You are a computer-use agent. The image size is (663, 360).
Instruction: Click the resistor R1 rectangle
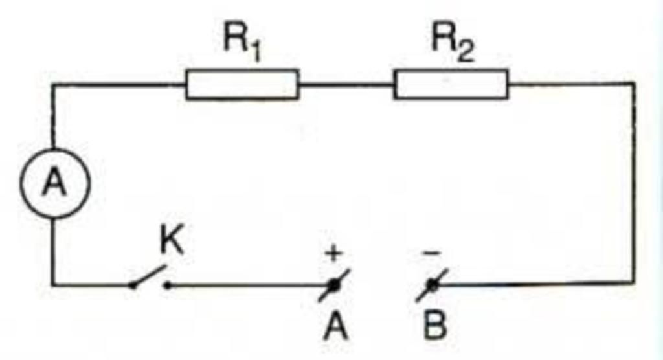point(242,85)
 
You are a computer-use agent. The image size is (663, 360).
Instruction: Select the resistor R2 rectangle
point(451,85)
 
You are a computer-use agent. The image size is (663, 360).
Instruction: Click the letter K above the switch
point(171,242)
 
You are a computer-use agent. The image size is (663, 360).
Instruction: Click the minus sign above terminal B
point(430,253)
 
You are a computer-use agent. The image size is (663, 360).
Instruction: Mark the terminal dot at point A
point(334,284)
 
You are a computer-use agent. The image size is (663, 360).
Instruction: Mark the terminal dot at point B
point(431,284)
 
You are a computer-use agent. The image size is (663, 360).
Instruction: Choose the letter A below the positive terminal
point(336,326)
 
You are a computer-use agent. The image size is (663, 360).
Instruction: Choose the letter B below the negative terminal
point(434,326)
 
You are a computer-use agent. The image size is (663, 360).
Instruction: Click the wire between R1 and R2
point(346,85)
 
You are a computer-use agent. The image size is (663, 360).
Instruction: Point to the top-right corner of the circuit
point(633,84)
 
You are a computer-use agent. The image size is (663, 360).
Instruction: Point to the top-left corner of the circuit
point(53,85)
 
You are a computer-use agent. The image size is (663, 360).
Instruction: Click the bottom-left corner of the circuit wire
point(53,284)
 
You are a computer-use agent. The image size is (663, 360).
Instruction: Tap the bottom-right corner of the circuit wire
point(633,283)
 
